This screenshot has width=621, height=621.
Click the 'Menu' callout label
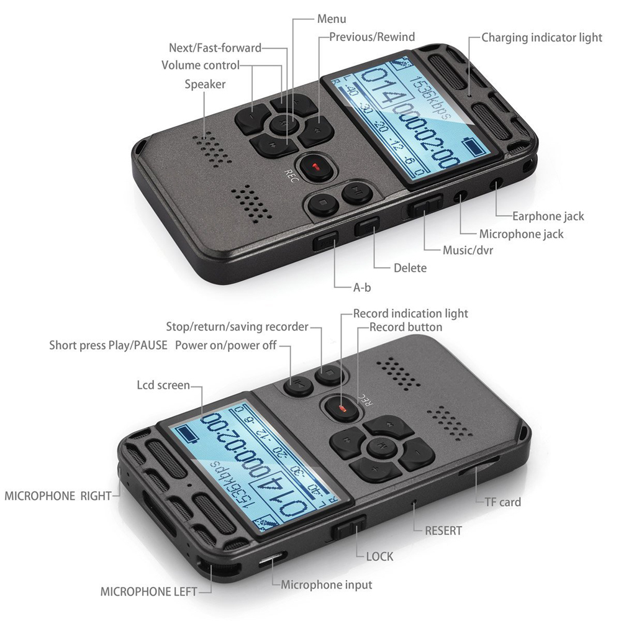332,19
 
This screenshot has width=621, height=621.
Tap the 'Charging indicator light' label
542,38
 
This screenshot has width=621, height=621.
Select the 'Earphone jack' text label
548,216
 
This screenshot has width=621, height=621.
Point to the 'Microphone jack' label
521,234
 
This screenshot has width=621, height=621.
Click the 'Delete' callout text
410,268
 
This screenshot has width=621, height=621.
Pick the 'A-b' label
362,288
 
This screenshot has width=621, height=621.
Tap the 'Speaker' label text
205,84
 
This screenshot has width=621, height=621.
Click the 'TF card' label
502,502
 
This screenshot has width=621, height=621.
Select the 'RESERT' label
443,531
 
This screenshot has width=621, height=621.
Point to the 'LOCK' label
379,556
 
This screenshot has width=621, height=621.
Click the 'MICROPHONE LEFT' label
148,592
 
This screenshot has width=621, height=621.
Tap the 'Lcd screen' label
163,385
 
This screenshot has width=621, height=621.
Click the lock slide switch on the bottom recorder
349,528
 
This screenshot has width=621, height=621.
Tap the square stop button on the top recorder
323,202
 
